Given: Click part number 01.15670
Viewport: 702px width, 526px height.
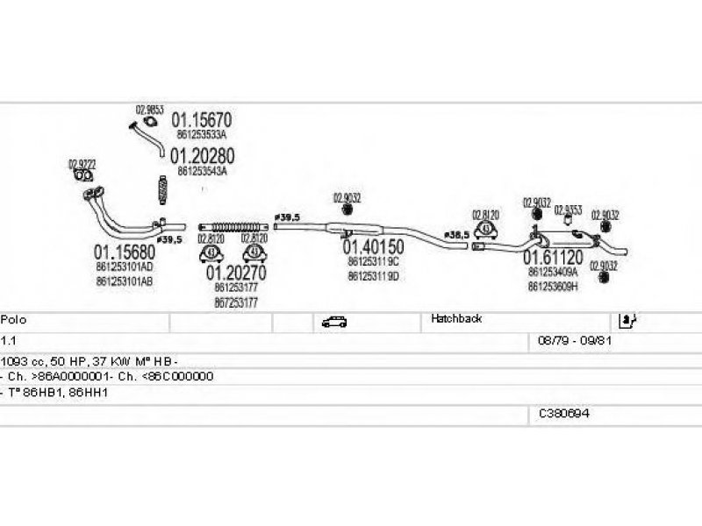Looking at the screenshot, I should coord(201,120).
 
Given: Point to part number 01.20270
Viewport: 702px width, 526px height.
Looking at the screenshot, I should coord(236,273).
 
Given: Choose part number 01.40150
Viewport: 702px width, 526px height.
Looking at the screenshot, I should coord(373,247).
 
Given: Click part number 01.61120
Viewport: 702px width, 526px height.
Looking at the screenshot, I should coord(553,258).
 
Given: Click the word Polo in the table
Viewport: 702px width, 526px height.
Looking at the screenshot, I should coord(13,319).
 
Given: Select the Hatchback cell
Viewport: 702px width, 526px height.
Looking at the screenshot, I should coord(456,319).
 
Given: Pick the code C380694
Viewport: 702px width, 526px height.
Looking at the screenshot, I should coord(564,413).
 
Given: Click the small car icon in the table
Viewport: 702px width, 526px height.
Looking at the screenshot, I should coord(333,321).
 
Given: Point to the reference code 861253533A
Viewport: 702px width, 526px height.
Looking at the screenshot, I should coord(202,135).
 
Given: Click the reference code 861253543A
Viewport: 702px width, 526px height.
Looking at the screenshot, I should coord(202,172).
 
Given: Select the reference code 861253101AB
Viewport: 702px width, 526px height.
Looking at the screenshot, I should coord(125,281).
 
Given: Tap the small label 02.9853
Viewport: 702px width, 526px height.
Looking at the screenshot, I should coord(148,110).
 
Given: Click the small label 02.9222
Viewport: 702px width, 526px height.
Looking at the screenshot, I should coord(82,163).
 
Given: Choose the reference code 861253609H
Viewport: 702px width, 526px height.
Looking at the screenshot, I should coord(553,286).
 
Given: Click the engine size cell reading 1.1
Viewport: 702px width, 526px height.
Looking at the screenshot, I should coord(7,339).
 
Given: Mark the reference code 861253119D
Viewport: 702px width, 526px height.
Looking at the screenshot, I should coord(373,275).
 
